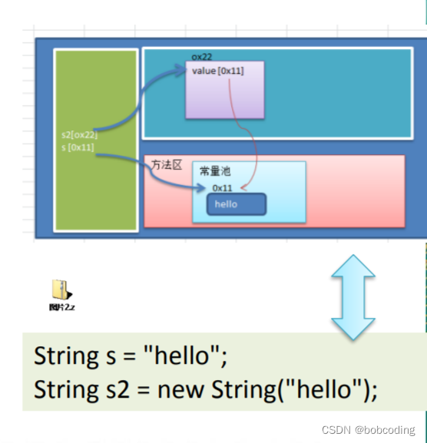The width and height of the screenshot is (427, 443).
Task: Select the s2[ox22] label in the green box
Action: click(80, 134)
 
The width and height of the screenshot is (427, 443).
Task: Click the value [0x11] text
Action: click(217, 71)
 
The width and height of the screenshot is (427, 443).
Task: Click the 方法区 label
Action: click(166, 165)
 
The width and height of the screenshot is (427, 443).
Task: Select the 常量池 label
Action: click(214, 170)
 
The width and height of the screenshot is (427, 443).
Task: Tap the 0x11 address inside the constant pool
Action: click(223, 187)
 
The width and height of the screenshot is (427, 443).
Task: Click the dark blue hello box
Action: click(237, 204)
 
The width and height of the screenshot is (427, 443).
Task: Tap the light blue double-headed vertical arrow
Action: click(353, 296)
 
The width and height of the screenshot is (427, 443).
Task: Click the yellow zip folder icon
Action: click(61, 289)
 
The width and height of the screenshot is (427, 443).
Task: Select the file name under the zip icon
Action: click(61, 307)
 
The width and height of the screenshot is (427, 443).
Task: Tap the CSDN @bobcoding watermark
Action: click(368, 431)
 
